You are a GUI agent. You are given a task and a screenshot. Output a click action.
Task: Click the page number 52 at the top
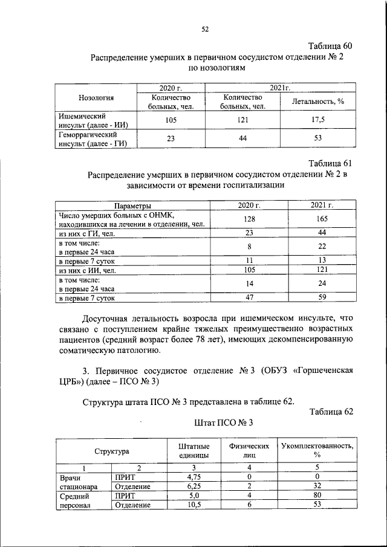tap(204, 29)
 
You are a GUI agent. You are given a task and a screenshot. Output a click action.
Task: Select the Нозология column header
tap(96, 99)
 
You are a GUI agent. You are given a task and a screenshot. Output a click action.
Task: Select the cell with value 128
tap(249, 218)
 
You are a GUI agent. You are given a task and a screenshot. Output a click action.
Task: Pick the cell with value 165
tap(322, 218)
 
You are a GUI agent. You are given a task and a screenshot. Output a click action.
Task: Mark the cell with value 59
tap(322, 297)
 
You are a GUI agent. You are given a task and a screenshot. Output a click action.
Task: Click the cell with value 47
tap(249, 297)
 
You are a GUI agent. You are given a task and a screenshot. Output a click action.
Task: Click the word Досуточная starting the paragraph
tap(112, 318)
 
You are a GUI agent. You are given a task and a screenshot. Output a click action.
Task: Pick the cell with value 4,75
tap(195, 477)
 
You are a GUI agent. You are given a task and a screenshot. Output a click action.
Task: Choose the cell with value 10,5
tap(195, 505)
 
